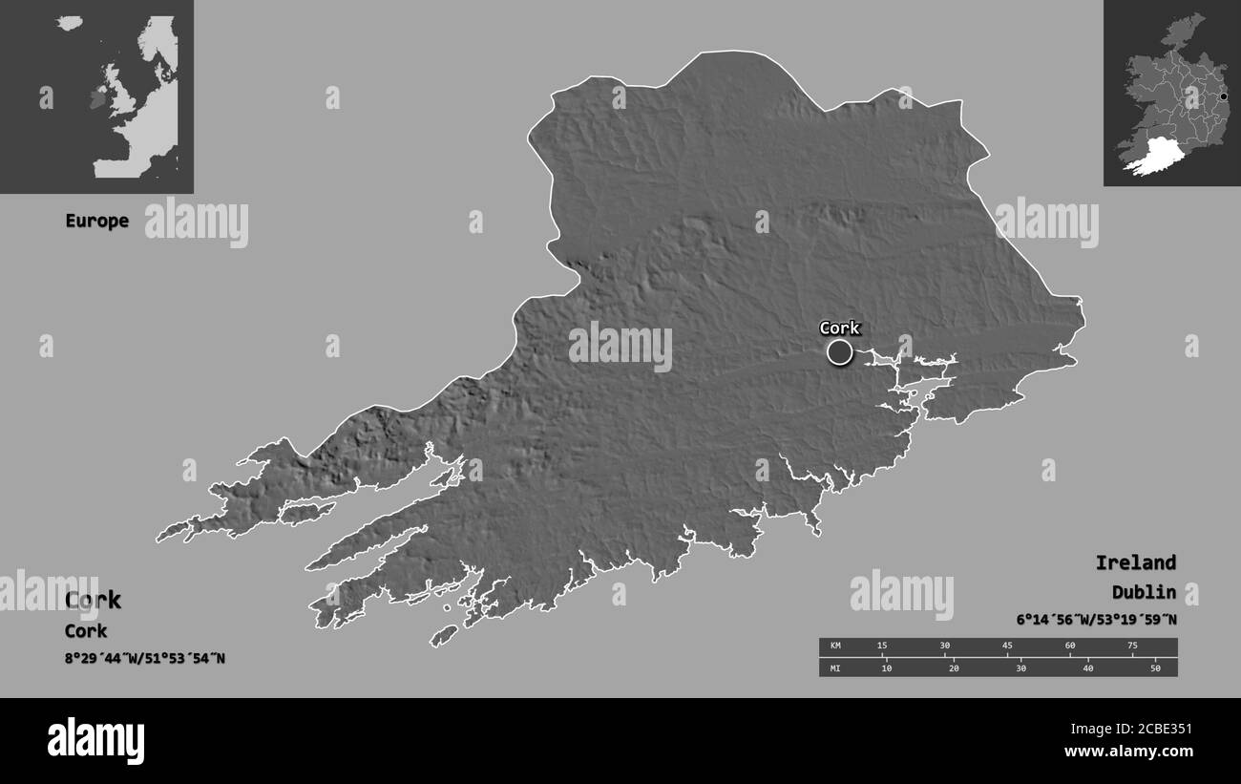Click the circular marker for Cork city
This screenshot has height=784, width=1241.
pos(839,352)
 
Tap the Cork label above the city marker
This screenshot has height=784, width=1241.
pos(839,328)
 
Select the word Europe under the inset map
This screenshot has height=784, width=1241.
pos(96,221)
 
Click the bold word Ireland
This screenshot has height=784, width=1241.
pos(1135,562)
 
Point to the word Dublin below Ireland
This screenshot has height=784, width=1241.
pos(1143,592)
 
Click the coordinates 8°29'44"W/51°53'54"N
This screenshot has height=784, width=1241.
pos(145,658)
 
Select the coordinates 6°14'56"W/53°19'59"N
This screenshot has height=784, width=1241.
pos(1096,620)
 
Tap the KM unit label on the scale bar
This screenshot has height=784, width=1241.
pos(835,646)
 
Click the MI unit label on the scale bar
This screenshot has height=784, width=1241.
pos(835,667)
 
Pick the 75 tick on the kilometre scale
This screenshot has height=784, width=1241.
pos(1132,646)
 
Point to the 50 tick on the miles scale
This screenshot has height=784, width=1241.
pos(1155,667)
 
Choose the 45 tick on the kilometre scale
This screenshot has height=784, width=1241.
pos(1007,646)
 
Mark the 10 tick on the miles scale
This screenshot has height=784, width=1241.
pos(886,667)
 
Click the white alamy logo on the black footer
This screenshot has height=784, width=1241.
pos(96,740)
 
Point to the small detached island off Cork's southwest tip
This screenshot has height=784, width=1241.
pos(444,635)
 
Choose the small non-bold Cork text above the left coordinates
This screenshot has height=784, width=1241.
pos(86,631)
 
